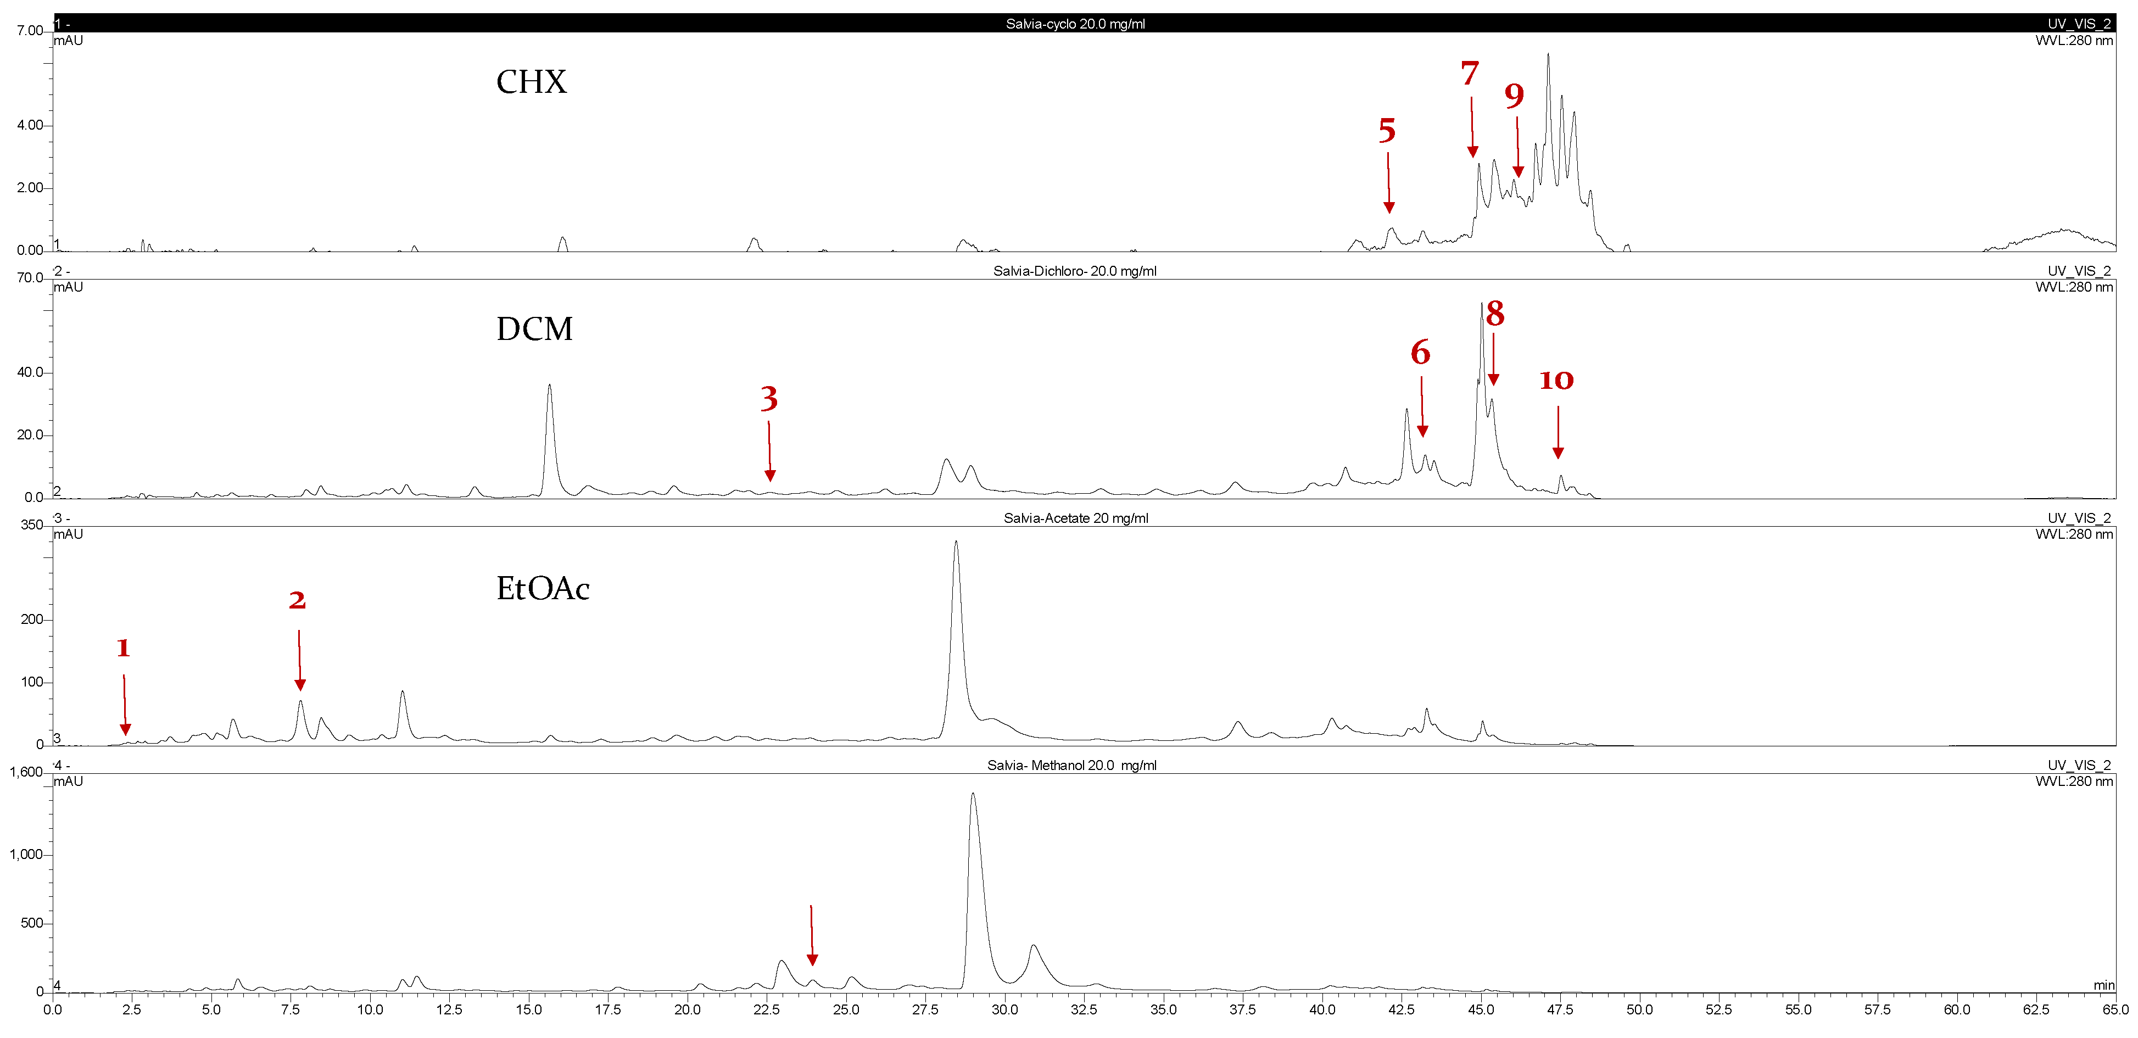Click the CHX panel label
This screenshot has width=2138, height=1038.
point(531,82)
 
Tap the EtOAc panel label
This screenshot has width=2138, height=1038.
point(543,588)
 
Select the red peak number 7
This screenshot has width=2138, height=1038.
point(1470,74)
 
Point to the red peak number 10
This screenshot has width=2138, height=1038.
point(1556,380)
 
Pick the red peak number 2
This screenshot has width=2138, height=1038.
point(297,600)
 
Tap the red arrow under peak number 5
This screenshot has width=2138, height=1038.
point(1388,182)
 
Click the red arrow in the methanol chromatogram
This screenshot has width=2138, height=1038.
point(812,935)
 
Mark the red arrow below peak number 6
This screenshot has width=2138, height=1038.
point(1422,406)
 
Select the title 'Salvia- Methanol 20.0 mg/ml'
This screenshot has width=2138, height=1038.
point(1071,765)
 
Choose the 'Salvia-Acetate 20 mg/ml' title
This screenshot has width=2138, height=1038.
point(1076,518)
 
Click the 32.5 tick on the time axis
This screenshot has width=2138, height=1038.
point(1084,1010)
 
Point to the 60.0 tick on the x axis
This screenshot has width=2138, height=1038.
point(1956,1010)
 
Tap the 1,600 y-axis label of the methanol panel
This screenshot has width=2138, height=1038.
point(26,773)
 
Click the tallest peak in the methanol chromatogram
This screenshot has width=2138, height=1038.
point(973,795)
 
